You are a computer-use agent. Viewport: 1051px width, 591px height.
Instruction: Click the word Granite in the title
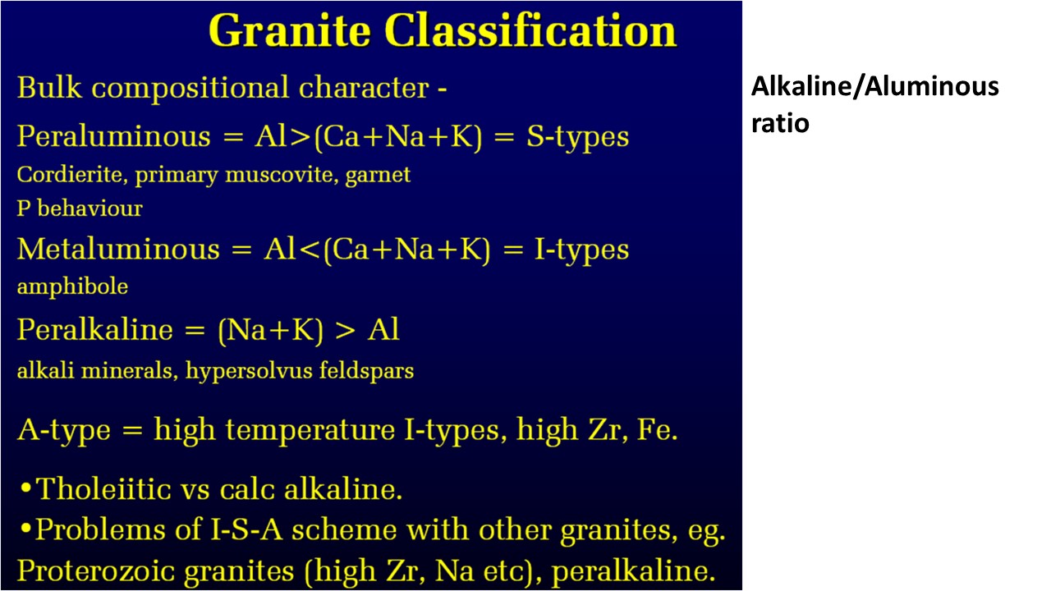pos(290,31)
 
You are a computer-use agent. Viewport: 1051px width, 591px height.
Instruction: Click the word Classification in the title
pos(530,30)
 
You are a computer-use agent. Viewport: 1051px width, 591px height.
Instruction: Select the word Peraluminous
pos(113,137)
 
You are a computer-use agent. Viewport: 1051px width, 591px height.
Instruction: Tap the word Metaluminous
pos(118,249)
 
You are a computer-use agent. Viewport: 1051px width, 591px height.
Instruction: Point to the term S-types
pos(577,137)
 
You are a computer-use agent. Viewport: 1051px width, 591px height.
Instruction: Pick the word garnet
pos(378,176)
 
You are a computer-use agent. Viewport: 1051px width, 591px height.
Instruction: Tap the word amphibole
pos(72,286)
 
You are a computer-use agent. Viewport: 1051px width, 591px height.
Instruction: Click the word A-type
pos(64,430)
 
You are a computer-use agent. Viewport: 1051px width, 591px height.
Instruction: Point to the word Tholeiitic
pos(103,488)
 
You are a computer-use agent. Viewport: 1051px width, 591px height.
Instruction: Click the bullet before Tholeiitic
pos(26,488)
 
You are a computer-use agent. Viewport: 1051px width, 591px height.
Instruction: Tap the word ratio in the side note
pos(780,123)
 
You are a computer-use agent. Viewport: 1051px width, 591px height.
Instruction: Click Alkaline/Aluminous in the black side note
pos(875,87)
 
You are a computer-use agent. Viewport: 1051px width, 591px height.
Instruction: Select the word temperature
pos(310,430)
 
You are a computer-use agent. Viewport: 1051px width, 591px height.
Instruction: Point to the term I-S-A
pos(246,529)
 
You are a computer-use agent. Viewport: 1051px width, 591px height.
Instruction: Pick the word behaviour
pos(89,208)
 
